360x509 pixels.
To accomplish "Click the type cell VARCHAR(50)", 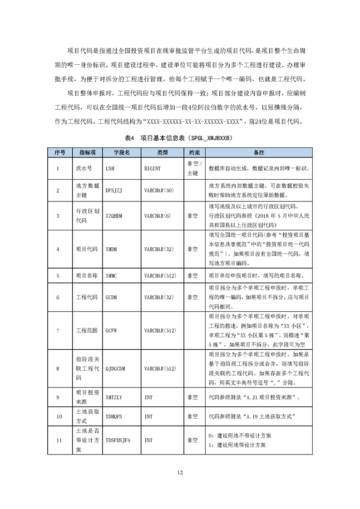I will [158, 191].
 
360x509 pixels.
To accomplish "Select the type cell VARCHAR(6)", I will [157, 216].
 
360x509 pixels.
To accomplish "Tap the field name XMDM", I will [111, 249].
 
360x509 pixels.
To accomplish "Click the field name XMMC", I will [111, 275].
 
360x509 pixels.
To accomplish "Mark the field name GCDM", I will [111, 298].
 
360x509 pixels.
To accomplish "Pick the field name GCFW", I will [111, 331].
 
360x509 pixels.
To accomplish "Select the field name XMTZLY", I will [113, 397].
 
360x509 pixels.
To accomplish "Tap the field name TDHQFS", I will [113, 416].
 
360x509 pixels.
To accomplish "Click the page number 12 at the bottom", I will [180, 473].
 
